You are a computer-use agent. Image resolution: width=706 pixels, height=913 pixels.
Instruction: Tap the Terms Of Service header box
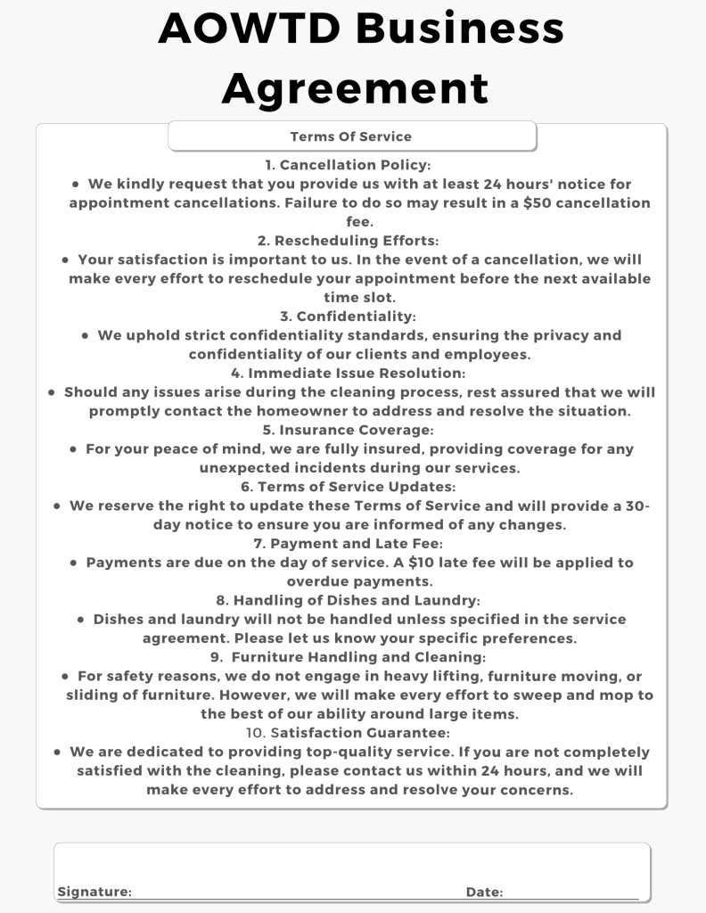(x=351, y=136)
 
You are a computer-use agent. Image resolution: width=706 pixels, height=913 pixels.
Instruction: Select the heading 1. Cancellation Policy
(x=348, y=165)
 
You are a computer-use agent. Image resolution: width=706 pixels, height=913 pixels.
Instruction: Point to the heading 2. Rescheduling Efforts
(x=348, y=241)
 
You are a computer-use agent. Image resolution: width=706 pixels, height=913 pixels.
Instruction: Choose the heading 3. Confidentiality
(x=348, y=317)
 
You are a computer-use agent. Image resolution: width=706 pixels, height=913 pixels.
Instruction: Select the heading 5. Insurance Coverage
(x=348, y=430)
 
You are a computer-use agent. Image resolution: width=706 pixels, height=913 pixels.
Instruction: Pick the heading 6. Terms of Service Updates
(x=348, y=487)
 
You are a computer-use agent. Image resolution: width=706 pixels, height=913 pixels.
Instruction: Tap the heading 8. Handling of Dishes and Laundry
(x=348, y=600)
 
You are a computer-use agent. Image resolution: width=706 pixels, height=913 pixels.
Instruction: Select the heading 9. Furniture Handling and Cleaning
(x=349, y=657)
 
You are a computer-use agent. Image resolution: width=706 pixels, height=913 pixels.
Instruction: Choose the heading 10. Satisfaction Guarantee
(x=348, y=733)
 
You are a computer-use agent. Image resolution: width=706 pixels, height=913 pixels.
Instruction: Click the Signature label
(x=94, y=892)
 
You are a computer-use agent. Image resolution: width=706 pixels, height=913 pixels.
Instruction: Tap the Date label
(x=484, y=892)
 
